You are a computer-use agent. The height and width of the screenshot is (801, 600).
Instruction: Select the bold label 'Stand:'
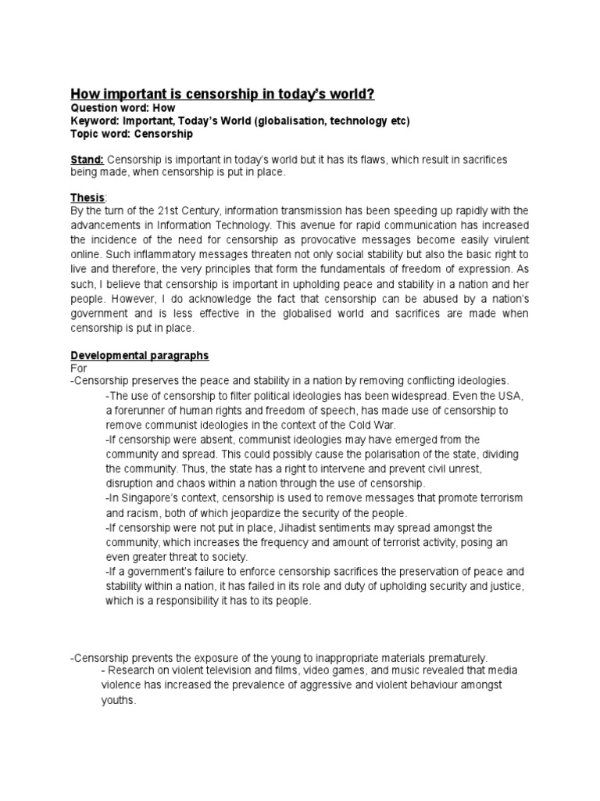tap(87, 160)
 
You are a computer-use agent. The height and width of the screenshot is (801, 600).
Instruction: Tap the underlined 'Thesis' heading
tap(87, 198)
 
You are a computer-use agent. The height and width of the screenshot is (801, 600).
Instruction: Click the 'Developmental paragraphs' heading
tap(140, 355)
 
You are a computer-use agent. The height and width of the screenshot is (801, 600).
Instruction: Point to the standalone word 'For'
tap(78, 368)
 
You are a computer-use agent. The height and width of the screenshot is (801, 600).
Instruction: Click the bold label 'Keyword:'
tap(95, 120)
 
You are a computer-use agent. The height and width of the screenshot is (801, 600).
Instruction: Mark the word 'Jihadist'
tap(272, 527)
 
